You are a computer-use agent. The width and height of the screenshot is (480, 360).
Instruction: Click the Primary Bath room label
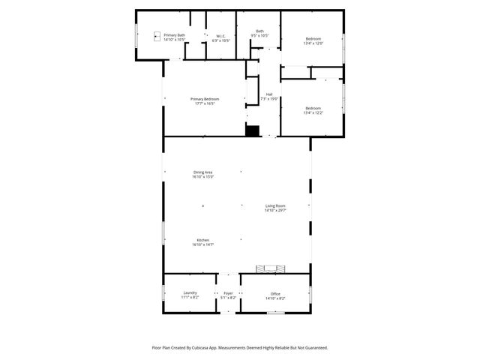(175, 37)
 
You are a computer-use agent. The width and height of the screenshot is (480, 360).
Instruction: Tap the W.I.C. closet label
(221, 37)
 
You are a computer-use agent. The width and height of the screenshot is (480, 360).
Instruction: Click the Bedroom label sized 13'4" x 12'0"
(313, 41)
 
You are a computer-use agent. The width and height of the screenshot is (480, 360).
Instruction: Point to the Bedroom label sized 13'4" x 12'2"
(313, 110)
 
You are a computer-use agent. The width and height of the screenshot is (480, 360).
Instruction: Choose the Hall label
(269, 96)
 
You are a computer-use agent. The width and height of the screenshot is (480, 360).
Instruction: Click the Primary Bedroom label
(204, 101)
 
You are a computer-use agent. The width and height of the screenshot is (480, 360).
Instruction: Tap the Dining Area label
(203, 175)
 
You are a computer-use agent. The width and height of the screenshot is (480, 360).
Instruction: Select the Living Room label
(275, 208)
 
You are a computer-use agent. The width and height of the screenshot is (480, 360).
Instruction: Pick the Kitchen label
(203, 242)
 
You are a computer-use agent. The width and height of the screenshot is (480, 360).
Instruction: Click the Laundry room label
(189, 295)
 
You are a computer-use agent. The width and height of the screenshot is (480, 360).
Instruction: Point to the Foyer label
(229, 295)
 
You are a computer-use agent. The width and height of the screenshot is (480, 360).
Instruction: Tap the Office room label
(275, 295)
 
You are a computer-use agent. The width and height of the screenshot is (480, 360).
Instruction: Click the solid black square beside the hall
(252, 130)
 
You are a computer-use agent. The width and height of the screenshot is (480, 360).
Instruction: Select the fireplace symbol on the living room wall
(271, 269)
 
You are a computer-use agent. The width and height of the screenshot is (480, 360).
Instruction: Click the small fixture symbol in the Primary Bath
(157, 35)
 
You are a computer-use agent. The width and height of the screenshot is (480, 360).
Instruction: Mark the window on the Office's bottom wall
(275, 313)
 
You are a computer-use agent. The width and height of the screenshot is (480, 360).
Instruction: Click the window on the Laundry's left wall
(163, 293)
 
